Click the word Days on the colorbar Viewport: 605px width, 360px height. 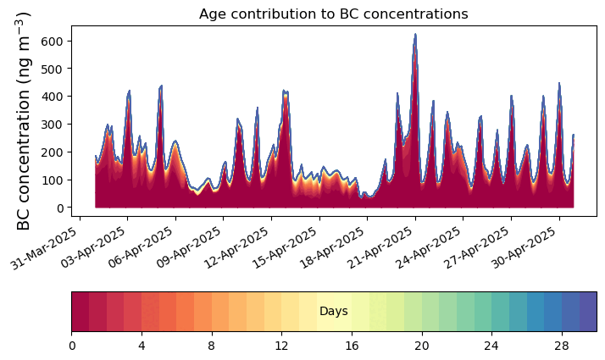(x=334, y=312)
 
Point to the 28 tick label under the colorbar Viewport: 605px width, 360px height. (x=561, y=346)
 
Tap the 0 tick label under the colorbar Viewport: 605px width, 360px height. (x=72, y=346)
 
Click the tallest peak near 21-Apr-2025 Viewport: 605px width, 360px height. (x=415, y=36)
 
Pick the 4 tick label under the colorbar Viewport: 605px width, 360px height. (x=142, y=346)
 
